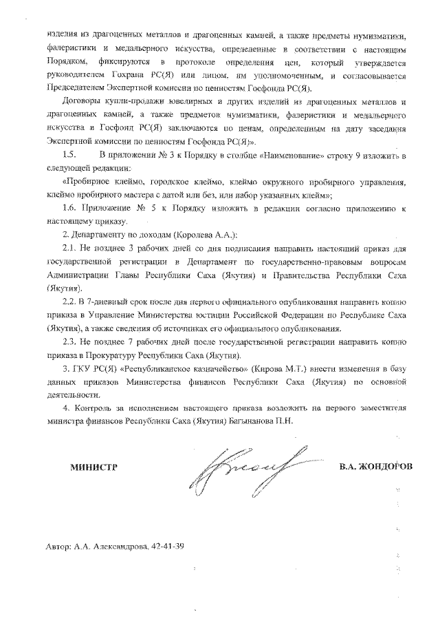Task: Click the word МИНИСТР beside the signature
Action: pyautogui.click(x=93, y=467)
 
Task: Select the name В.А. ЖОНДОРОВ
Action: pyautogui.click(x=376, y=467)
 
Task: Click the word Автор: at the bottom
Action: pyautogui.click(x=58, y=547)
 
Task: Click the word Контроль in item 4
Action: pyautogui.click(x=89, y=408)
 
